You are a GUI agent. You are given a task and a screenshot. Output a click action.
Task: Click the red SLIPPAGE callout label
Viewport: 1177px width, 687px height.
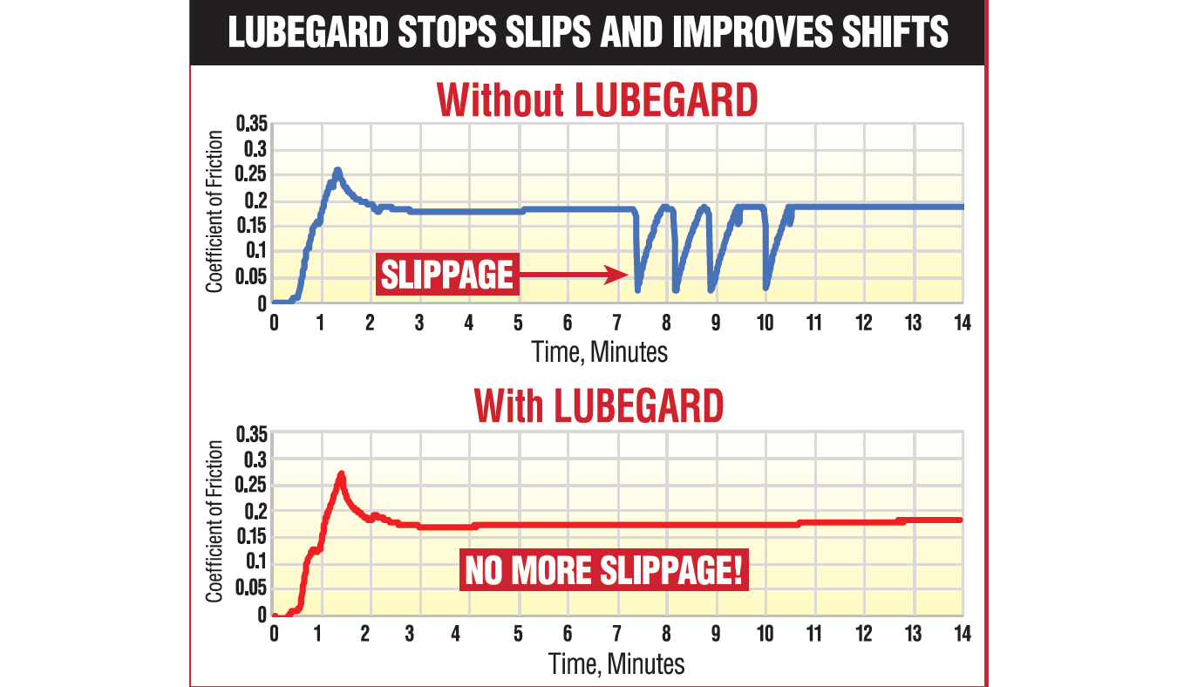point(447,275)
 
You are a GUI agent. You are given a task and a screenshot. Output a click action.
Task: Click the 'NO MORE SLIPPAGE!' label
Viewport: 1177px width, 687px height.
point(604,571)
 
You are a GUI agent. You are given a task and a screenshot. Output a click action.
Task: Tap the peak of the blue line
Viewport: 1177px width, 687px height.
point(337,171)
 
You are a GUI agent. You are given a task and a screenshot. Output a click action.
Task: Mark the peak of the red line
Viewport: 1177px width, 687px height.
point(341,475)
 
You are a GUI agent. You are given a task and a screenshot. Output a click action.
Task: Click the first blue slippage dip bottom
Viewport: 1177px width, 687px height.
point(638,287)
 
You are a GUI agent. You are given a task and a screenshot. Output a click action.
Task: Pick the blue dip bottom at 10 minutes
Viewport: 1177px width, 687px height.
point(766,285)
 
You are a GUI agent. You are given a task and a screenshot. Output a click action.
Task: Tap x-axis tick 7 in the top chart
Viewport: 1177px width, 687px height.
point(617,323)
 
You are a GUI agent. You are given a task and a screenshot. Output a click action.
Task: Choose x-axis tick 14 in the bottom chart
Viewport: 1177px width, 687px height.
point(962,633)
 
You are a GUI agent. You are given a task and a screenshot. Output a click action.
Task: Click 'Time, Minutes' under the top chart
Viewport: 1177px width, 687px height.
point(600,351)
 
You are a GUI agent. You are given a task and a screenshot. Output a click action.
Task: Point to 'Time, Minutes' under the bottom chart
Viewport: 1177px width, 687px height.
point(616,663)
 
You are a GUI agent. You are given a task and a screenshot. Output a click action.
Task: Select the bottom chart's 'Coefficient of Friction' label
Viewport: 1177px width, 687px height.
point(214,521)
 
